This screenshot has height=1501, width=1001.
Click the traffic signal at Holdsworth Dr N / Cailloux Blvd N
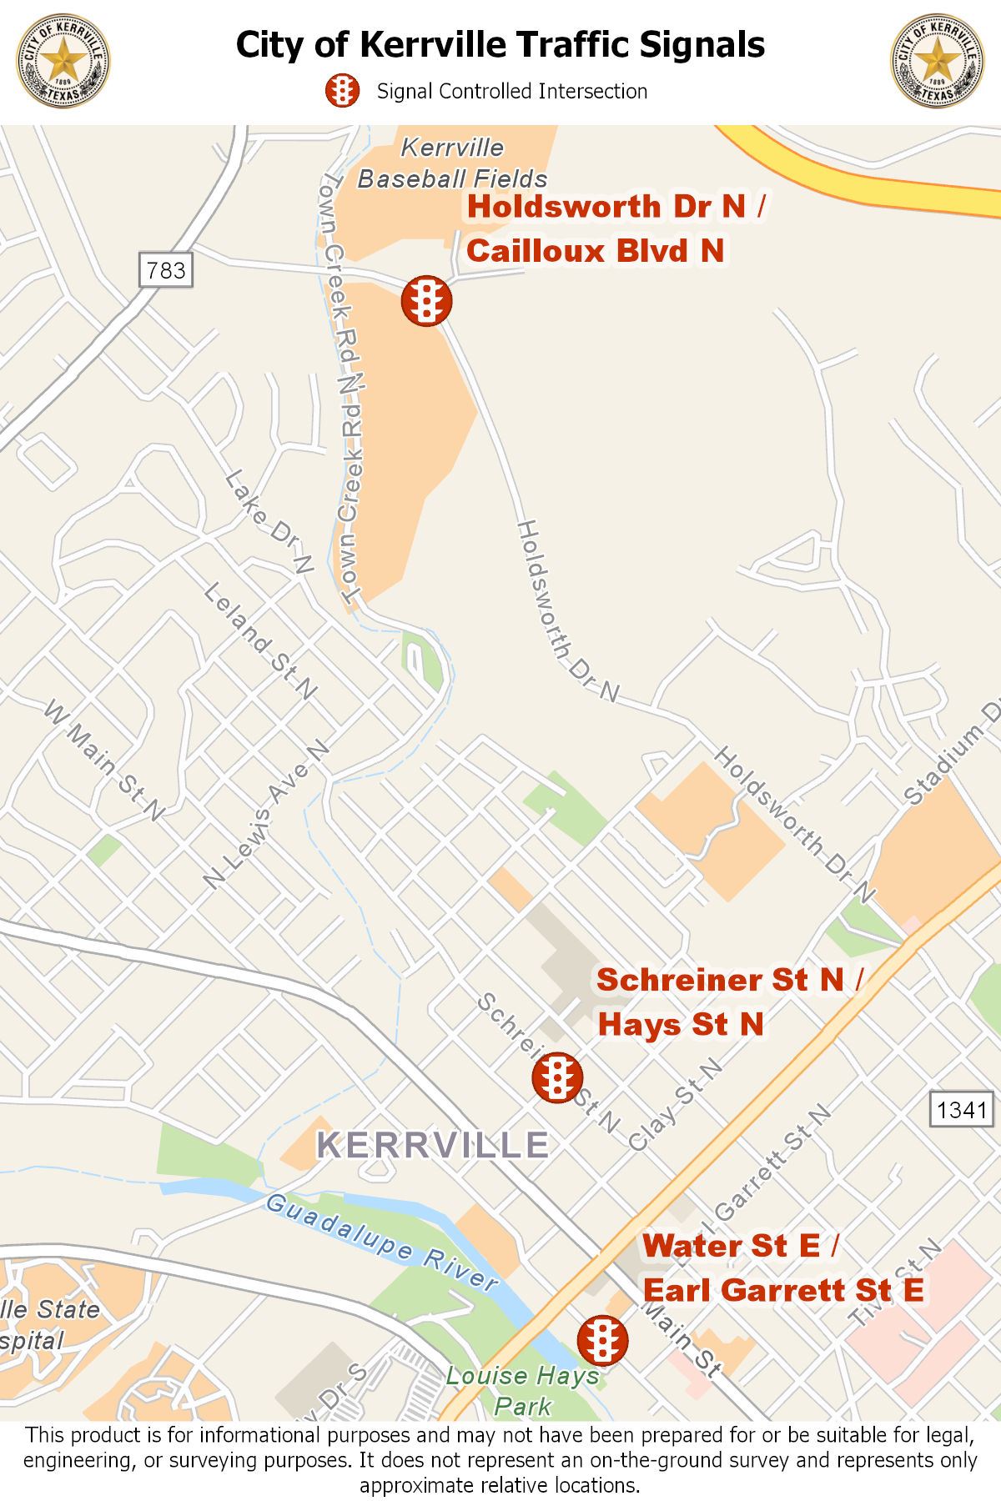coord(426,301)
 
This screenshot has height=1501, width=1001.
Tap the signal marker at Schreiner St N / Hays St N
coord(556,1077)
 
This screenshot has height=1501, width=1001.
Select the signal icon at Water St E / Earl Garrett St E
coord(602,1339)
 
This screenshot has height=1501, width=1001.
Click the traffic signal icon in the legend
coord(342,91)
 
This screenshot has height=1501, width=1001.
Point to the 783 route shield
coord(166,270)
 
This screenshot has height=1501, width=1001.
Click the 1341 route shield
coord(962,1110)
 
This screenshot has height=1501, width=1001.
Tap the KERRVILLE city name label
coord(434,1144)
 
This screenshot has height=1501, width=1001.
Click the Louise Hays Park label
coord(523,1391)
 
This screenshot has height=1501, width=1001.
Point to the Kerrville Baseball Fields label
coord(453,163)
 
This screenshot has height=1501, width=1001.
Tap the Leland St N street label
coord(261,641)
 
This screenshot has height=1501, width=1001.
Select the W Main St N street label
coord(105,760)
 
